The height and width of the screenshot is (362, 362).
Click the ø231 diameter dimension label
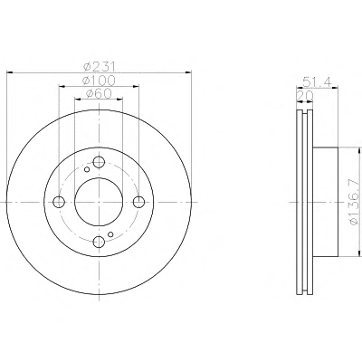click(x=99, y=66)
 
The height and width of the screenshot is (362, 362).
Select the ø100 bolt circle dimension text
click(x=99, y=81)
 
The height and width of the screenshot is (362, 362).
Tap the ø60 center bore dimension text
click(x=99, y=93)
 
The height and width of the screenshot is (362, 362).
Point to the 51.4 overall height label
click(x=317, y=81)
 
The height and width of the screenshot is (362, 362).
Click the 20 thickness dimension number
click(x=305, y=96)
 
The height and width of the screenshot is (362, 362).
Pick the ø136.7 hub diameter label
click(x=353, y=202)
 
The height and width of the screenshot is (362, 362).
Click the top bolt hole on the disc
click(x=99, y=162)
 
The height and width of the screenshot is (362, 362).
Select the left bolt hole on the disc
click(x=59, y=202)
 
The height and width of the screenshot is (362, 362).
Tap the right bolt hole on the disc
click(x=138, y=202)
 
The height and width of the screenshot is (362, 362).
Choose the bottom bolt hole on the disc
click(x=99, y=242)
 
